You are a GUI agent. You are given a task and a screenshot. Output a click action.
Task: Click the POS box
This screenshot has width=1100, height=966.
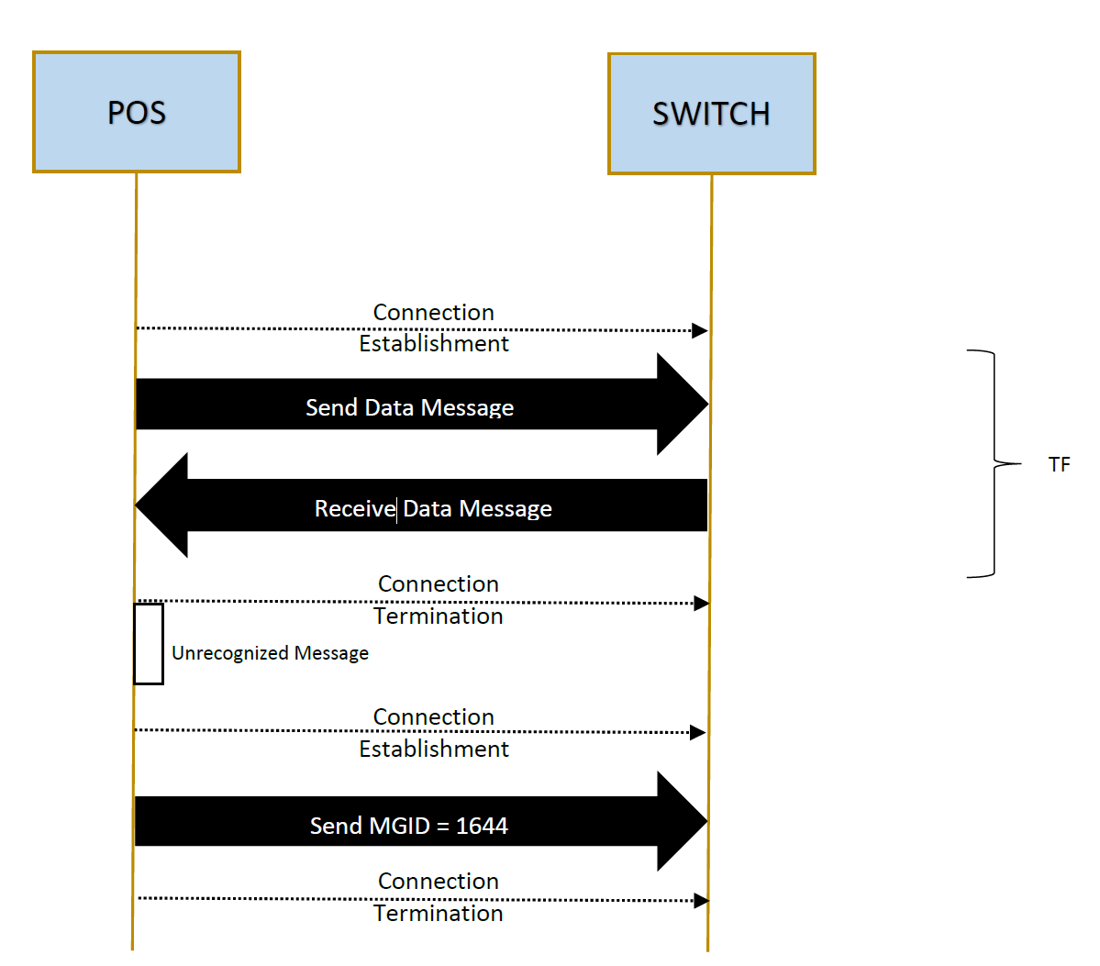(x=137, y=112)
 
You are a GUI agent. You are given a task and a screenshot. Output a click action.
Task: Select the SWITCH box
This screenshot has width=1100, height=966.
(x=711, y=114)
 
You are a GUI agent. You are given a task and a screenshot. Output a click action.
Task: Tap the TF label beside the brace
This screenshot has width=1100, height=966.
(x=1060, y=464)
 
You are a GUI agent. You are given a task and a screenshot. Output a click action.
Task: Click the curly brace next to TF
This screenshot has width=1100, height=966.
(x=994, y=463)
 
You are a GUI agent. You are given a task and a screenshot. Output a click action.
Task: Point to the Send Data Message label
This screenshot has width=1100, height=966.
(x=410, y=407)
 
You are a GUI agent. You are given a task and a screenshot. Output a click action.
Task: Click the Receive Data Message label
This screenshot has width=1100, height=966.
(x=433, y=508)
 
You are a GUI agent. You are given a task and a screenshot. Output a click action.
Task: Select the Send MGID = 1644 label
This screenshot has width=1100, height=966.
(x=409, y=826)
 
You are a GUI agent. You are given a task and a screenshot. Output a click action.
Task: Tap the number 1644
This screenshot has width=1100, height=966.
(x=482, y=826)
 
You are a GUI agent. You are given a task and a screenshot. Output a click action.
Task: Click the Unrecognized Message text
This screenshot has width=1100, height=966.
(x=270, y=653)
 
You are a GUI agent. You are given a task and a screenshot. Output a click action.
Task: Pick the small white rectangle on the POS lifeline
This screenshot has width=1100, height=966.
(x=149, y=643)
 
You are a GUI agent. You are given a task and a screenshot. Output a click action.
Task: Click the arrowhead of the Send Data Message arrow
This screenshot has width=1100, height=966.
(x=683, y=404)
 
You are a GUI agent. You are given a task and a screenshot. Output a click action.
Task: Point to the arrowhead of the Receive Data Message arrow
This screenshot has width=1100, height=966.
(x=161, y=505)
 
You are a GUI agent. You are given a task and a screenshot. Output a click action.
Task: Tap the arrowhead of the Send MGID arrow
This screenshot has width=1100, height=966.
(x=683, y=821)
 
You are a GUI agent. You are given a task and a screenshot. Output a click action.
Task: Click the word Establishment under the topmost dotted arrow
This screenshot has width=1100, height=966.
(x=434, y=344)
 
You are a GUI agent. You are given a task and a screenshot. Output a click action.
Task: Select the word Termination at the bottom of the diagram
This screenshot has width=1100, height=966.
(x=439, y=914)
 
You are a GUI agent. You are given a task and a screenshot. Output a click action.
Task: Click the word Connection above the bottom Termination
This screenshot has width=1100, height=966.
(x=439, y=881)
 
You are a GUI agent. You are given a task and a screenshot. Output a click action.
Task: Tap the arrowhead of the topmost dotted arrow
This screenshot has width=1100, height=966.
(x=699, y=330)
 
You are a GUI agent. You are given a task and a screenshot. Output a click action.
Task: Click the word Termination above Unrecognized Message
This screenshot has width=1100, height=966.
(x=439, y=616)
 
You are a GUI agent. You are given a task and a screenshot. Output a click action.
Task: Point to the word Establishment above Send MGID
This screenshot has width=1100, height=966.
(x=434, y=749)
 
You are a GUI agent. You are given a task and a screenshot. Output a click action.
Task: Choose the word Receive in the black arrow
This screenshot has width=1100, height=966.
(x=355, y=508)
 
